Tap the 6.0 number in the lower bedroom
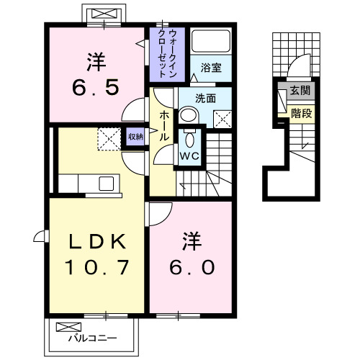(x=191, y=267)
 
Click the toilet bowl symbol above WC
(x=191, y=138)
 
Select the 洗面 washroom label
(x=206, y=99)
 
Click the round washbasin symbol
(x=188, y=116)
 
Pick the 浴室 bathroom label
(x=211, y=68)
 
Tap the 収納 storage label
(x=135, y=136)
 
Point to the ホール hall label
(x=163, y=126)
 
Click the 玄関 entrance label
(x=302, y=91)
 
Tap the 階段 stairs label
(x=302, y=112)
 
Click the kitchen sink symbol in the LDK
(x=106, y=183)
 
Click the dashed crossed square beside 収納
(x=109, y=138)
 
